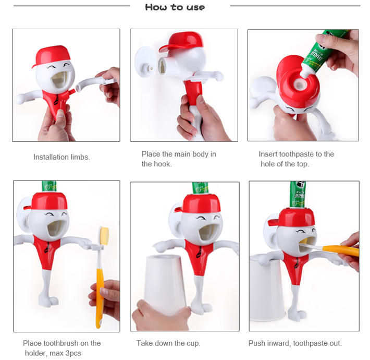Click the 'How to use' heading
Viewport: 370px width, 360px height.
point(175,7)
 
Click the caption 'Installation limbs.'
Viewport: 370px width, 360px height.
point(61,157)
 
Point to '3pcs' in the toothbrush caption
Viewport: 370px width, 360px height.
point(73,353)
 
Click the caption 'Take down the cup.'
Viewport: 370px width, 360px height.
point(168,343)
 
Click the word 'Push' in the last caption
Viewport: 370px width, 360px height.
point(256,343)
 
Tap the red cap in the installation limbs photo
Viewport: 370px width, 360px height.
point(52,56)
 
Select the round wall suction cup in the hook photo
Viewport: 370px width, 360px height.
point(145,62)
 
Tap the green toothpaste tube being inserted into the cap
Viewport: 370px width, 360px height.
point(323,53)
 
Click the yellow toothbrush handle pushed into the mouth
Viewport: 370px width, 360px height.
point(341,250)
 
